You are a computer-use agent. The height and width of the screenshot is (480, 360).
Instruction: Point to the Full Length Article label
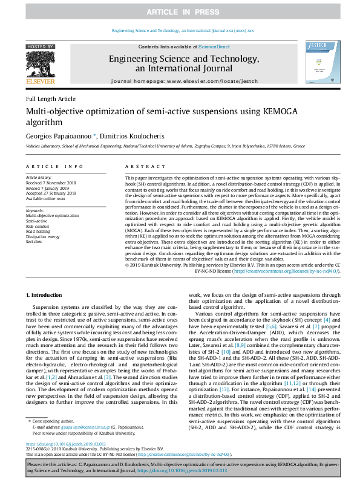tap(51, 99)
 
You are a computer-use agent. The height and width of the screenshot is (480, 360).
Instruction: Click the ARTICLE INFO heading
tap(55, 166)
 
